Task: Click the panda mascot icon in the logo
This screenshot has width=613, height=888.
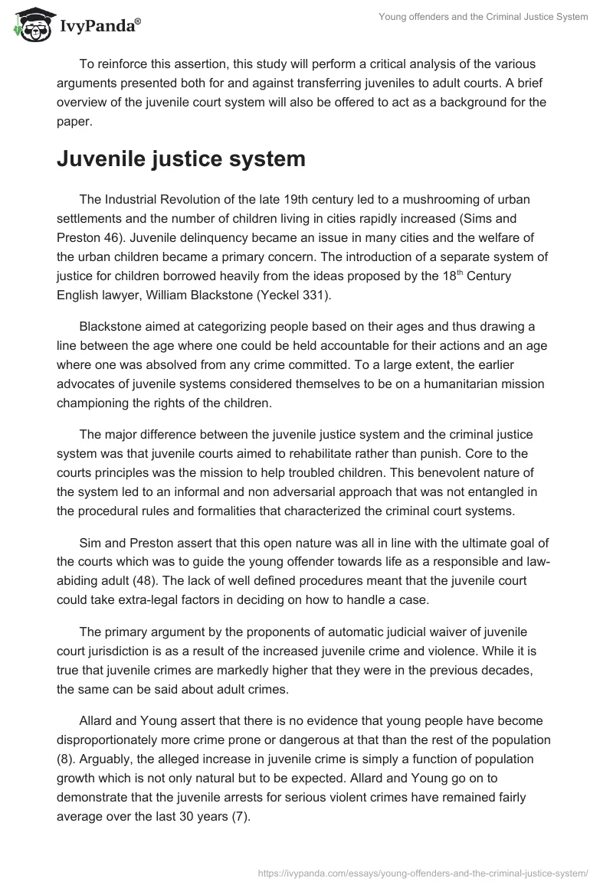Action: (28, 25)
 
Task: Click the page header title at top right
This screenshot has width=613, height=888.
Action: (484, 18)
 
